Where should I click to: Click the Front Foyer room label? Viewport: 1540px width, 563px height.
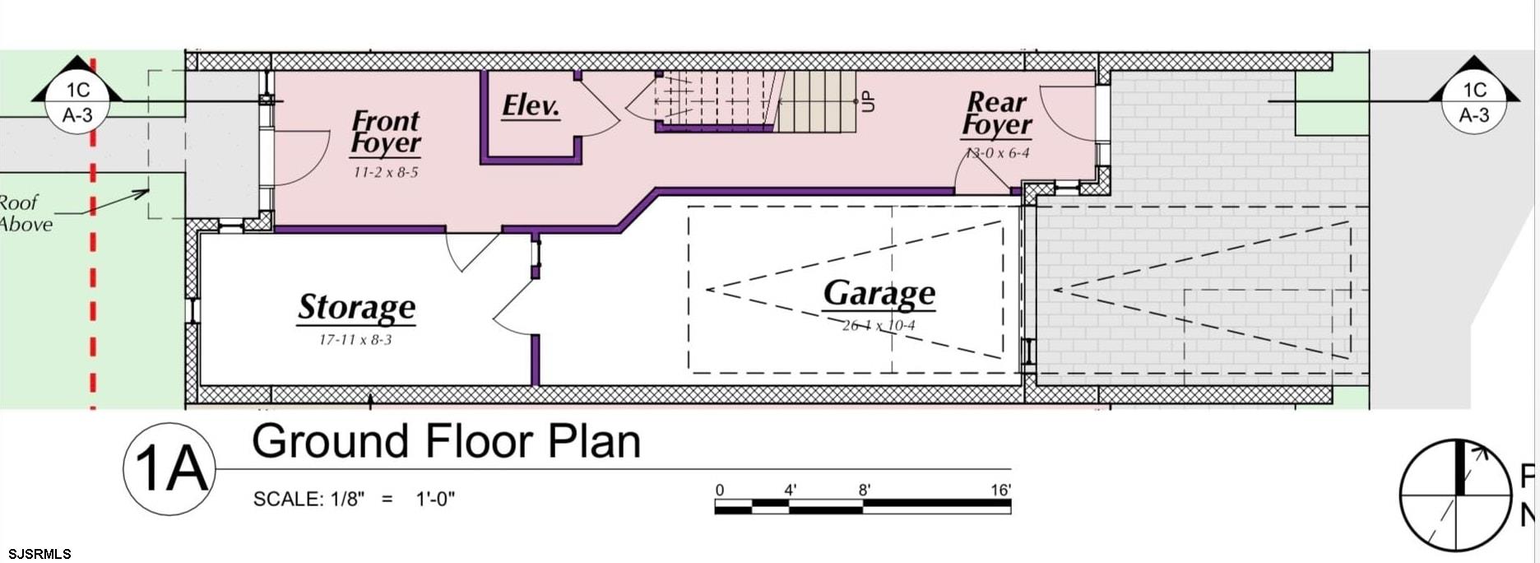point(385,133)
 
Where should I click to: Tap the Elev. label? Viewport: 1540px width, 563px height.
point(531,106)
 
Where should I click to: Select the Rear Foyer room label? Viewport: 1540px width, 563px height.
point(996,114)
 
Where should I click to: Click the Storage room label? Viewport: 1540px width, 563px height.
point(356,307)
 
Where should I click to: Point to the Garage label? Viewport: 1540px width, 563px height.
point(879,294)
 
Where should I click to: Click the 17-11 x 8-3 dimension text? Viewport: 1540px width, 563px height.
point(355,339)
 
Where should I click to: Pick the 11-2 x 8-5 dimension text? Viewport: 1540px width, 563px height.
point(386,172)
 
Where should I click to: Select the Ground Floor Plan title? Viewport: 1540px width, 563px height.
point(446,442)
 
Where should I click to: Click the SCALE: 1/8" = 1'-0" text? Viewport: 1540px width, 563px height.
point(354,500)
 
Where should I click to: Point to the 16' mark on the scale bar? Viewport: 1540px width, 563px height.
point(1000,491)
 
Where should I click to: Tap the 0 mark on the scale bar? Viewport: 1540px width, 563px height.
point(720,491)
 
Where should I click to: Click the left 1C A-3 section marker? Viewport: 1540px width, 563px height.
point(77,102)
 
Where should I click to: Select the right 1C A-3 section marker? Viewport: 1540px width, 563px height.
point(1473,102)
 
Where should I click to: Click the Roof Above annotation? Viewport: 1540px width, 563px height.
point(25,213)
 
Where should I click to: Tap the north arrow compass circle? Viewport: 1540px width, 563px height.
point(1456,496)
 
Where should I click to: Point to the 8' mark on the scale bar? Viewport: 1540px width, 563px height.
point(865,491)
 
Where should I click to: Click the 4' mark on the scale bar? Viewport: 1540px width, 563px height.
point(790,491)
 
